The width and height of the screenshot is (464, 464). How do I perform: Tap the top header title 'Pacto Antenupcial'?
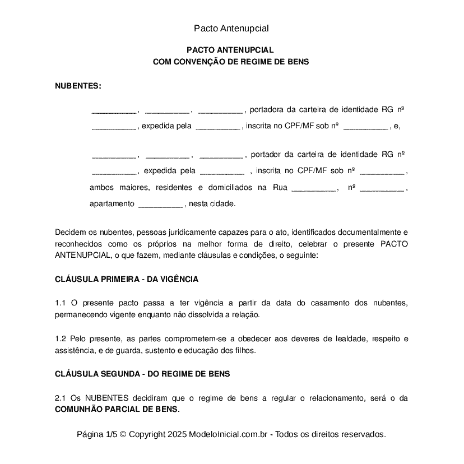pyautogui.click(x=231, y=28)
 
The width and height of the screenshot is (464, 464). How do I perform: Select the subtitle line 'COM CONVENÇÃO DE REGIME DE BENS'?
pyautogui.click(x=231, y=62)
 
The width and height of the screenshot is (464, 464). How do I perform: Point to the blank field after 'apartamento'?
pyautogui.click(x=160, y=204)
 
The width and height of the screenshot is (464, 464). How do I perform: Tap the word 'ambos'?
pyautogui.click(x=101, y=188)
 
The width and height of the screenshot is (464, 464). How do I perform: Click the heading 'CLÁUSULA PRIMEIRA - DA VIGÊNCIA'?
pyautogui.click(x=127, y=279)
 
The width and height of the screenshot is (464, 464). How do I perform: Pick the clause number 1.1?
pyautogui.click(x=61, y=303)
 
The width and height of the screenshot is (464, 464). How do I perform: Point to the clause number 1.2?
pyautogui.click(x=61, y=338)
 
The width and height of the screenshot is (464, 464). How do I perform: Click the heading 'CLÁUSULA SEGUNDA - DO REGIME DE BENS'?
pyautogui.click(x=142, y=374)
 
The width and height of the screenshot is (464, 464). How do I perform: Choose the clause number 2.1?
pyautogui.click(x=61, y=398)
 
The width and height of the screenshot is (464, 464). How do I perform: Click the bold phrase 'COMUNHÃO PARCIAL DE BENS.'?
pyautogui.click(x=117, y=410)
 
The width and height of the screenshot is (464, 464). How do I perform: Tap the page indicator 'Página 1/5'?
pyautogui.click(x=97, y=434)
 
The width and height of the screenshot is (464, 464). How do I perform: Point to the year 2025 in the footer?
pyautogui.click(x=177, y=434)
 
